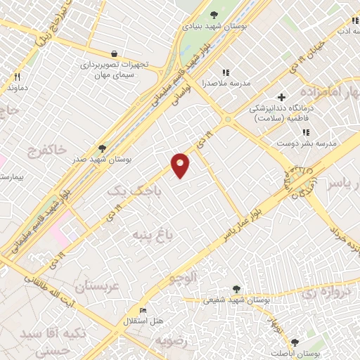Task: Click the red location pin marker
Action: (181, 164)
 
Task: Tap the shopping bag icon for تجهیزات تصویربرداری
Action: (114, 53)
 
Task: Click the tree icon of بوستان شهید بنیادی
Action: (214, 14)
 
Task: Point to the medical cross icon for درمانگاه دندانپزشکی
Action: (281, 97)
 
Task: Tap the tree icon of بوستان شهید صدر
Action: (103, 148)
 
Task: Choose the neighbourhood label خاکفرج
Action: (47, 150)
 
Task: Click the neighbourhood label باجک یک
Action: (134, 190)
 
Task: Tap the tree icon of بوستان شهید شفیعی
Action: (236, 288)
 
